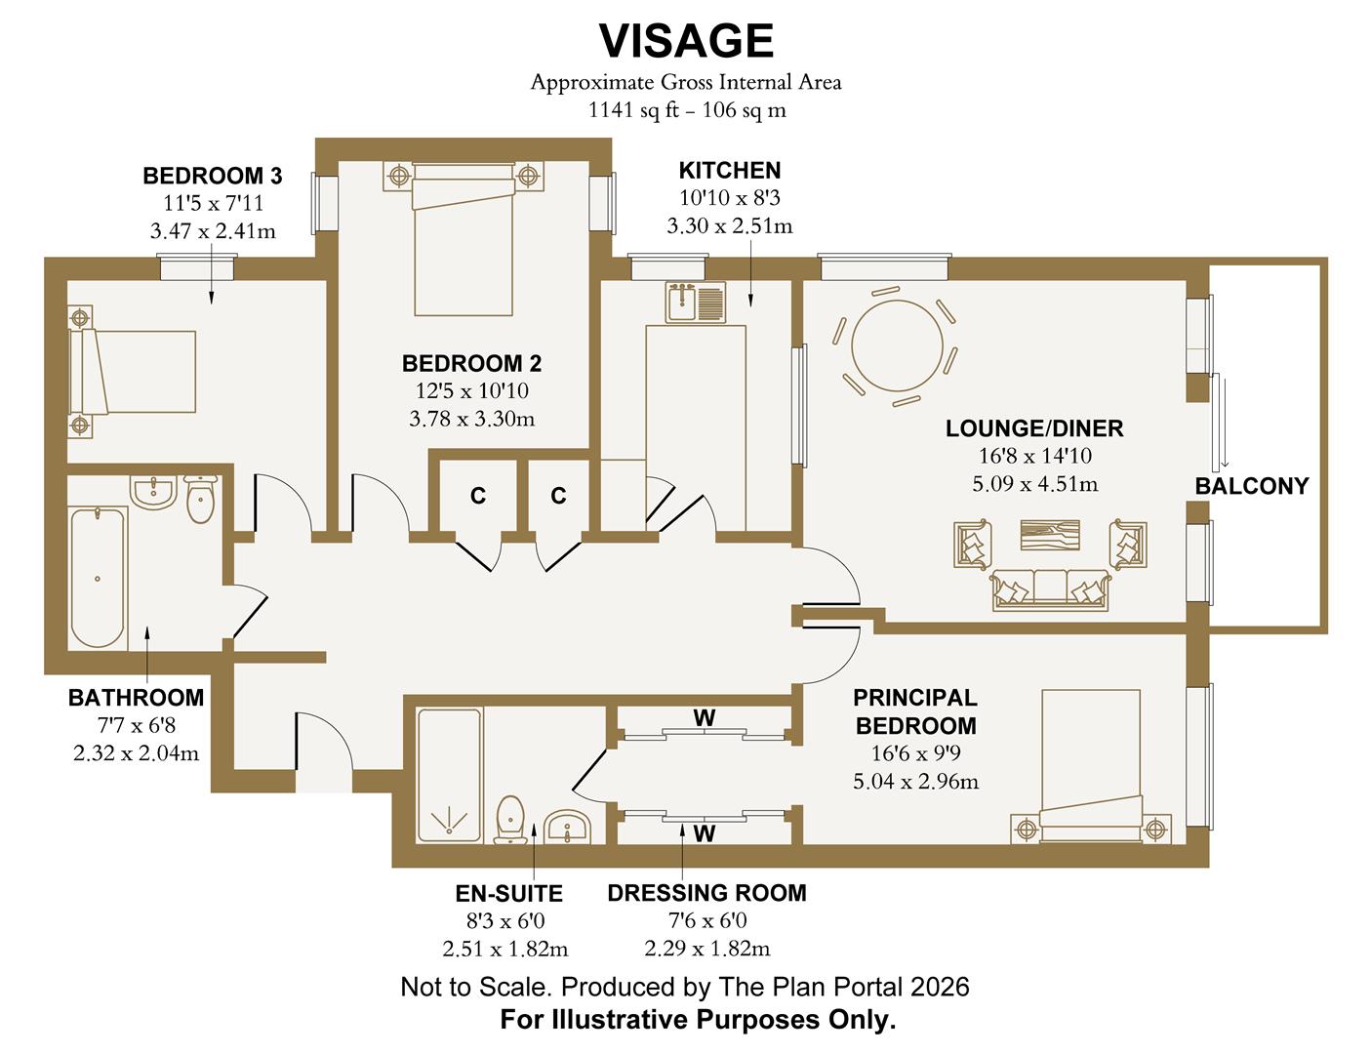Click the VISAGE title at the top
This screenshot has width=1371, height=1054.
(686, 41)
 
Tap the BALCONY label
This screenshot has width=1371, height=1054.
(1251, 486)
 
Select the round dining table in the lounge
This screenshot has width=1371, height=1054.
(897, 345)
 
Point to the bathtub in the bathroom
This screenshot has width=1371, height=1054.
(98, 577)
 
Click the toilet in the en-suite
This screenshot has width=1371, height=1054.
(510, 819)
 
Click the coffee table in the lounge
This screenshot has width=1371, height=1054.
(1050, 538)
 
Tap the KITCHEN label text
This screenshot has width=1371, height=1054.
(729, 170)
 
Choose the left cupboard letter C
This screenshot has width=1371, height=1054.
(478, 497)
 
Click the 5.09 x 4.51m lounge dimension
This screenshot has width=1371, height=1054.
(1034, 483)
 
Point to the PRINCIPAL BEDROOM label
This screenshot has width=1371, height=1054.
(914, 711)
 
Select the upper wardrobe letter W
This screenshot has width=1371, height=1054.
(704, 718)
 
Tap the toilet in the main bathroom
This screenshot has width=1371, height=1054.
(200, 500)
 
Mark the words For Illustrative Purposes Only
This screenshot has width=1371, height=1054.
(698, 1021)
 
